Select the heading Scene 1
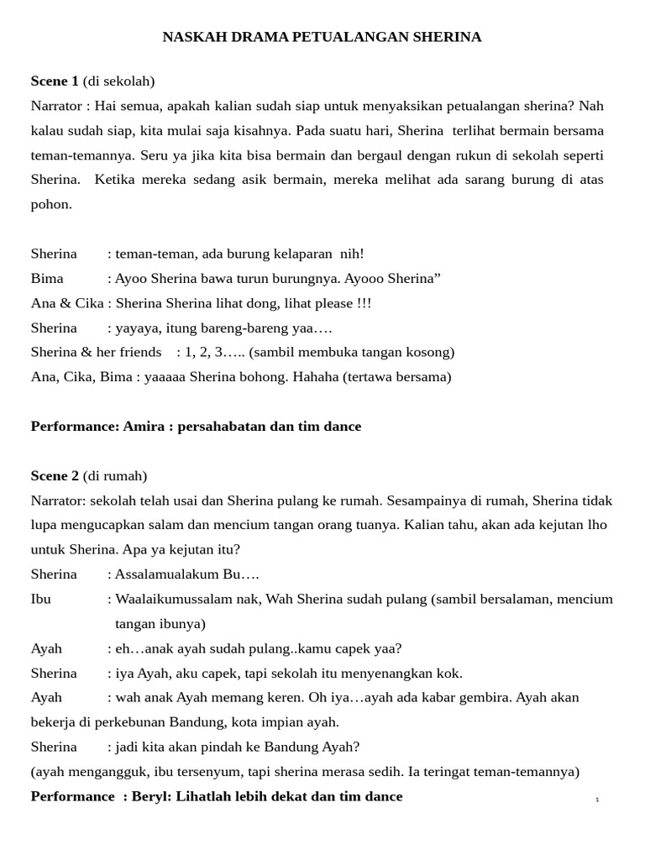[55, 81]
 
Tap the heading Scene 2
[55, 475]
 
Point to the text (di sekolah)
[118, 81]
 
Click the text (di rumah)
[115, 475]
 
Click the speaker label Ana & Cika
[67, 303]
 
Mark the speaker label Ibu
[41, 599]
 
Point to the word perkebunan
[121, 722]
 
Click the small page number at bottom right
[597, 800]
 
